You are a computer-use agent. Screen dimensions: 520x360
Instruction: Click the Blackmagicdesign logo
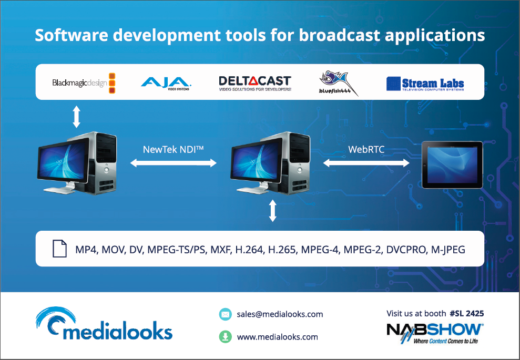coord(84,83)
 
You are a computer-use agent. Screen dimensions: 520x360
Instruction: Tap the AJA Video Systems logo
coord(166,84)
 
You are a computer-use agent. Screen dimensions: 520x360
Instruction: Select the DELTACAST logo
coord(255,83)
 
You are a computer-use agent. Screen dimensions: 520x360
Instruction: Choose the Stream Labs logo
coord(425,84)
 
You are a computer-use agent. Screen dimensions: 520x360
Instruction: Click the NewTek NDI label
coord(173,149)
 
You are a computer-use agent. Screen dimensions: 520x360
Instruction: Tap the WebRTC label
coord(366,149)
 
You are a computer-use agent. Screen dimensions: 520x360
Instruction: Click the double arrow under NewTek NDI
coord(174,163)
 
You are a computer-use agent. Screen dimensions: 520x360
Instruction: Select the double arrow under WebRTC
coord(366,163)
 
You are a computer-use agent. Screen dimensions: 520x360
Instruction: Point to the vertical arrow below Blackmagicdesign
coord(77,117)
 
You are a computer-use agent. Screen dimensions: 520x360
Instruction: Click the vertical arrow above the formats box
coord(272,211)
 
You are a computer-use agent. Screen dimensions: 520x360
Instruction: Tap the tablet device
coord(452,164)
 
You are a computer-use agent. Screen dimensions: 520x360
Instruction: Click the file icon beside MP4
coord(60,249)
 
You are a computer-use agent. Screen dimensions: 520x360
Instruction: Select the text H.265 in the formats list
coord(282,249)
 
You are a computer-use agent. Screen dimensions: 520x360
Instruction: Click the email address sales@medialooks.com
coord(280,314)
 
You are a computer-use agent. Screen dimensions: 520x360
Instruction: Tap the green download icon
coord(226,337)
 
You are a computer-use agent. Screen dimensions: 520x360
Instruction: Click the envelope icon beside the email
coord(226,314)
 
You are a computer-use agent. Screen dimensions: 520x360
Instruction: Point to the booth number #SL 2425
coord(467,314)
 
